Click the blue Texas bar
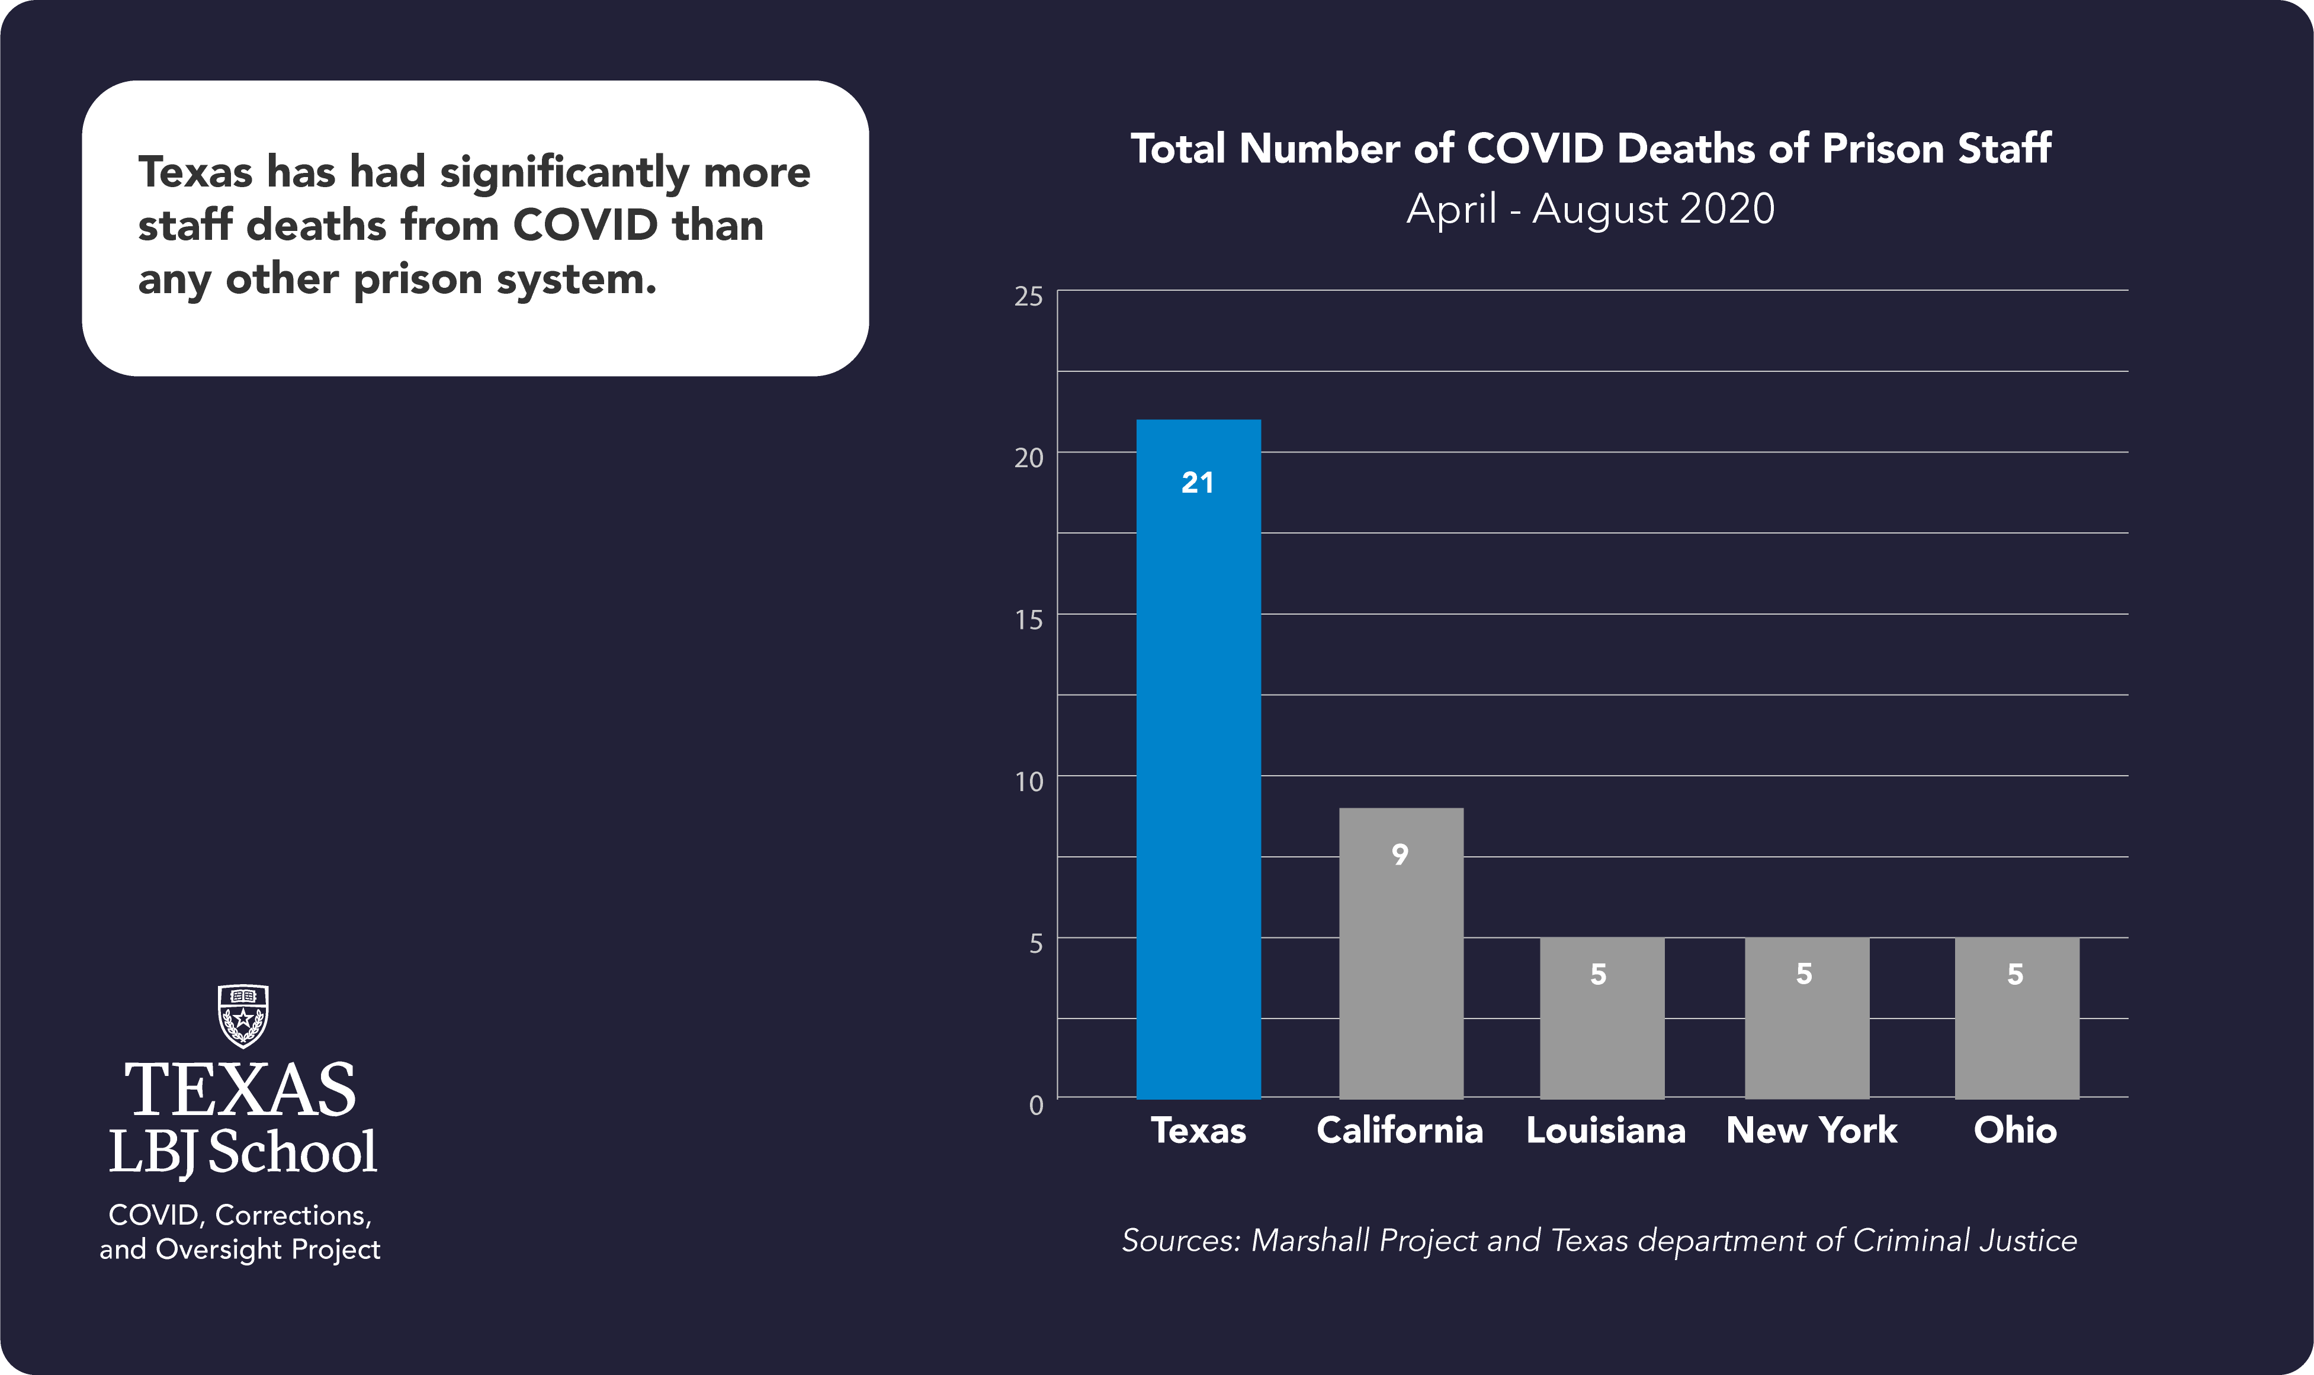[x=1198, y=760]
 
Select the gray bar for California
[x=1401, y=955]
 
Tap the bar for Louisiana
[x=1602, y=1019]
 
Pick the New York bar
[x=1807, y=1019]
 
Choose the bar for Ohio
[x=2017, y=1019]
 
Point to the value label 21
[x=1198, y=483]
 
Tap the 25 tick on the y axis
[x=1029, y=297]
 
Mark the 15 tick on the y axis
[x=1029, y=620]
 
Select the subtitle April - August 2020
[x=1590, y=208]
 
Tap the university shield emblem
[x=243, y=1016]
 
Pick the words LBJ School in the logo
[x=243, y=1152]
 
